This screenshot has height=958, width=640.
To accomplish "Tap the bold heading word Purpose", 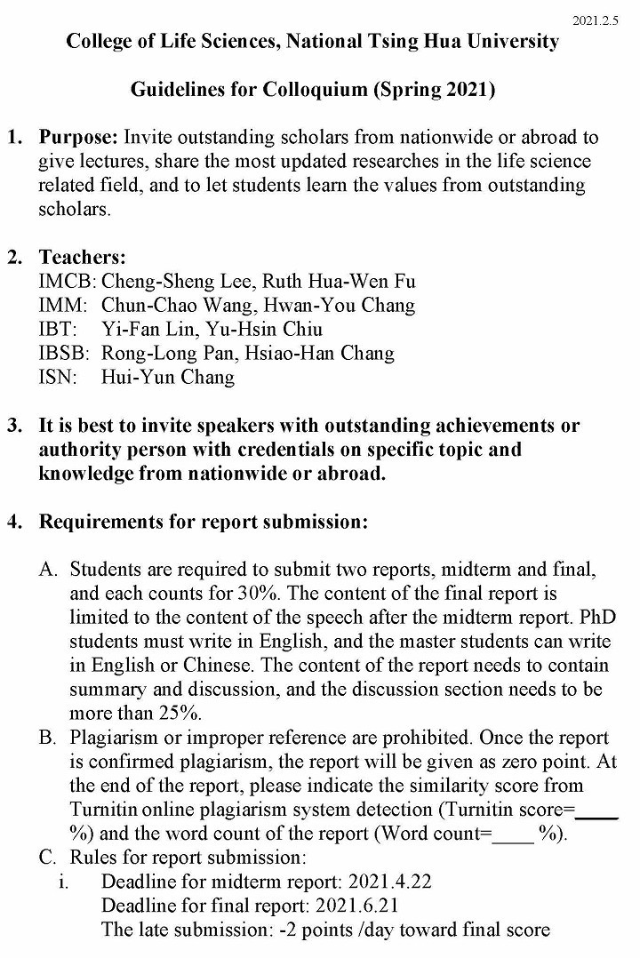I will (x=77, y=138).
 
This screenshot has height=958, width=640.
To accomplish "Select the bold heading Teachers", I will (x=82, y=259).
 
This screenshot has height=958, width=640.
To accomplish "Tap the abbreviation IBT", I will (x=58, y=330).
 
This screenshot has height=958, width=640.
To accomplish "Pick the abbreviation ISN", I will (x=58, y=378).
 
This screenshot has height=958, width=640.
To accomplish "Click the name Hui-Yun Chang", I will (x=168, y=378).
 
